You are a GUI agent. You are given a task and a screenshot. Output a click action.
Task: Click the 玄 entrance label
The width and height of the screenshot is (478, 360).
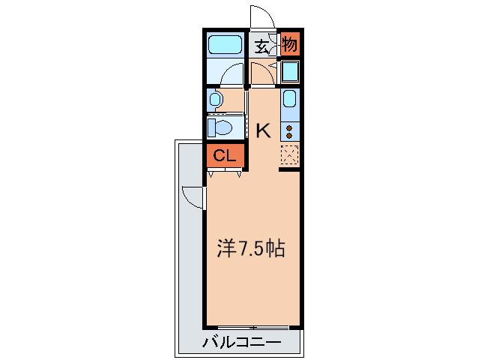[x=261, y=46]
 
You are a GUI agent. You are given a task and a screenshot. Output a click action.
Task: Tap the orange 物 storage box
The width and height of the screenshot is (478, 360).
[x=290, y=45]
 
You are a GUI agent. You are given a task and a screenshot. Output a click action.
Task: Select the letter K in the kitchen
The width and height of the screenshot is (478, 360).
[x=263, y=131]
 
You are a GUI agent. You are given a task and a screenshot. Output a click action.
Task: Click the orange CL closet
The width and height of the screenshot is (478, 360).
[x=224, y=156]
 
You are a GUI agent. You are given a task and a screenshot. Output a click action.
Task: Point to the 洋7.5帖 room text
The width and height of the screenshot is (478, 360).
[x=251, y=248]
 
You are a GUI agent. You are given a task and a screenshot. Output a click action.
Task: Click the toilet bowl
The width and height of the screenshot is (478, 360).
[x=222, y=126]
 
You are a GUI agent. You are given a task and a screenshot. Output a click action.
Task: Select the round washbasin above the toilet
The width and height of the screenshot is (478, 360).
[x=216, y=99]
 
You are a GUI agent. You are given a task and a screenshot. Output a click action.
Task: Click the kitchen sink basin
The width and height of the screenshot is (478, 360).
[x=290, y=99]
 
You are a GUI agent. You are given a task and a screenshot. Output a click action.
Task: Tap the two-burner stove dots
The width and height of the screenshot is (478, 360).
[x=289, y=131]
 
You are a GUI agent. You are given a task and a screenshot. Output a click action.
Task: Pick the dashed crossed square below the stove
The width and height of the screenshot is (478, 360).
[x=290, y=155]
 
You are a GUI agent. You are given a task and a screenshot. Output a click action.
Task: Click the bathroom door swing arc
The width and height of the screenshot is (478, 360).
[x=233, y=73]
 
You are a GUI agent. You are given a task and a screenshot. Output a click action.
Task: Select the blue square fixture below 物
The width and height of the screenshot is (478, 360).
[x=290, y=72]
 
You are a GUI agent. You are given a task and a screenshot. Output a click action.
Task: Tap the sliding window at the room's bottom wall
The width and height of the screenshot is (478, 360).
[x=253, y=328]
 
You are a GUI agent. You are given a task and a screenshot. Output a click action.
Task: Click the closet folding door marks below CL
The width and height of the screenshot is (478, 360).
[x=225, y=173]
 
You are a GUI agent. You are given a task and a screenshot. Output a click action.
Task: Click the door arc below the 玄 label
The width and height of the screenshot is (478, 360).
[x=261, y=74]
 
